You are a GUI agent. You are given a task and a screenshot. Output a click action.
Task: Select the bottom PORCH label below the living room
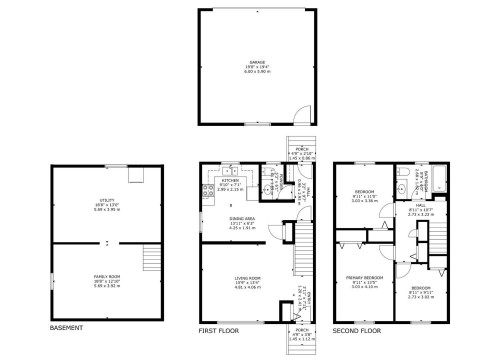coord(300,334)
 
